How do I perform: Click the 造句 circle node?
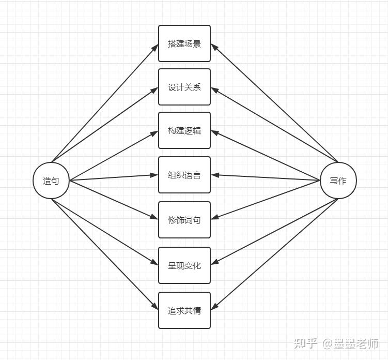pyautogui.click(x=51, y=181)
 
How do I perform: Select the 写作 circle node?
pyautogui.click(x=338, y=181)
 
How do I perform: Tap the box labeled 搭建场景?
pyautogui.click(x=184, y=43)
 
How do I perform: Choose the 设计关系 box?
pyautogui.click(x=184, y=87)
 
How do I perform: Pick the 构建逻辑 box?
pyautogui.click(x=184, y=130)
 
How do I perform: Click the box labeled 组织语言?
pyautogui.click(x=184, y=175)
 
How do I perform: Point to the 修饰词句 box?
pyautogui.click(x=184, y=220)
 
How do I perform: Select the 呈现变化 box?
pyautogui.click(x=184, y=265)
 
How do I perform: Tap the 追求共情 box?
pyautogui.click(x=184, y=310)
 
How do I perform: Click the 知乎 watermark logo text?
pyautogui.click(x=306, y=343)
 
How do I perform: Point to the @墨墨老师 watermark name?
pyautogui.click(x=350, y=343)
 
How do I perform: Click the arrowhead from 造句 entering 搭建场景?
pyautogui.click(x=155, y=48)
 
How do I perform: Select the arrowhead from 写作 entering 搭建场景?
pyautogui.click(x=214, y=47)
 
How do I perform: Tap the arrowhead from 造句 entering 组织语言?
pyautogui.click(x=154, y=175)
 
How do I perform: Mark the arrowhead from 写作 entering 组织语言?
pyautogui.click(x=215, y=175)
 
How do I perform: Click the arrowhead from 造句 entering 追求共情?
pyautogui.click(x=155, y=306)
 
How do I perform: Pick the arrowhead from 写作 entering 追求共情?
pyautogui.click(x=214, y=306)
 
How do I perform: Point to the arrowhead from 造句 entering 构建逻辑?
pyautogui.click(x=154, y=133)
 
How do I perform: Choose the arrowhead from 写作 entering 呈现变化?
pyautogui.click(x=214, y=262)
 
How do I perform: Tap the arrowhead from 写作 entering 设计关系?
pyautogui.click(x=214, y=90)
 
